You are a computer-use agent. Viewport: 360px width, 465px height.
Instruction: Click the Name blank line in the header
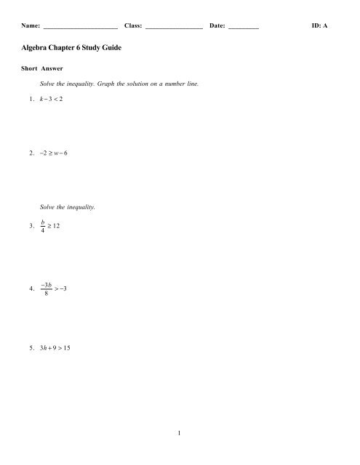81,27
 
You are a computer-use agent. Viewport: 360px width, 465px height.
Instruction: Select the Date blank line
244,27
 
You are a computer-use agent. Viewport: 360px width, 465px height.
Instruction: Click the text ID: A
319,25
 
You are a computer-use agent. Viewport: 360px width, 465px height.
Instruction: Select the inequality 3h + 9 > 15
55,347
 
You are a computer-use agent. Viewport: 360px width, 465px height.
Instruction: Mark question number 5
27,347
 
